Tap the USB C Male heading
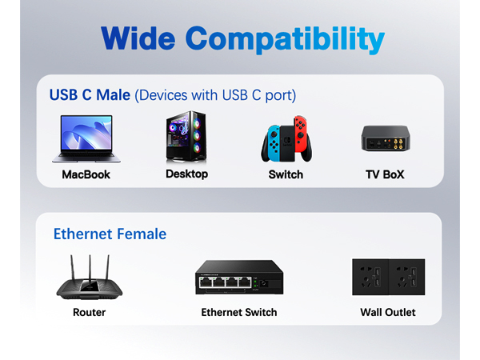(x=90, y=95)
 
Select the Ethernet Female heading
(x=110, y=234)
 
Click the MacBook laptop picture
(x=86, y=138)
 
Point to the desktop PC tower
(x=185, y=137)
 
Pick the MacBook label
(x=86, y=174)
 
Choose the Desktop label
(x=186, y=174)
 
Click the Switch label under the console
(x=286, y=174)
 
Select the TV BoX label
(x=385, y=174)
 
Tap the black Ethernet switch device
(x=238, y=278)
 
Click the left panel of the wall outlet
(x=370, y=277)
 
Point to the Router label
(x=89, y=312)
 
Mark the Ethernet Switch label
(x=239, y=312)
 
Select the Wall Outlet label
(x=388, y=312)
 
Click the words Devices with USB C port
(x=216, y=95)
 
